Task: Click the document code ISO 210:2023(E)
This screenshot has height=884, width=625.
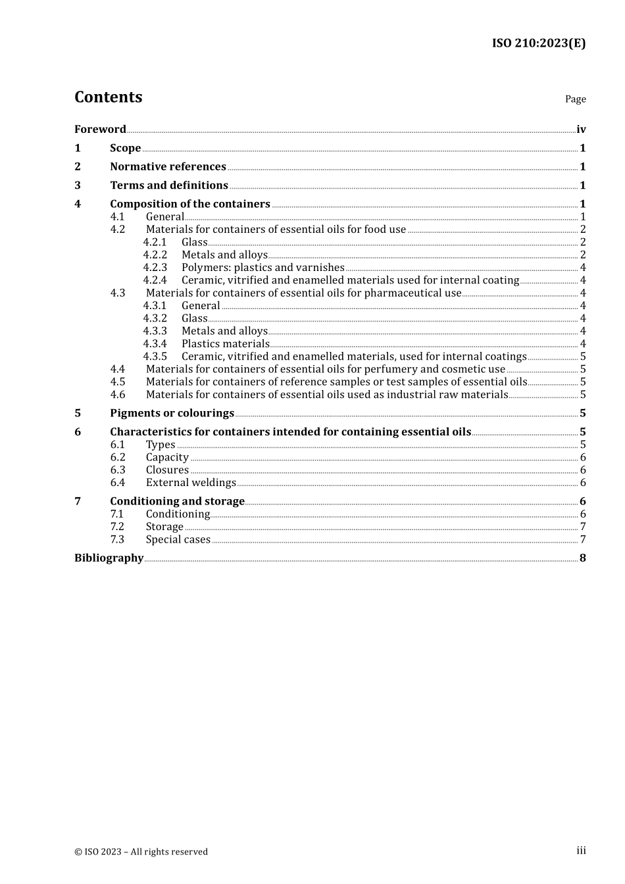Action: coord(538,43)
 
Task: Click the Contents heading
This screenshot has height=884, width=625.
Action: coord(108,97)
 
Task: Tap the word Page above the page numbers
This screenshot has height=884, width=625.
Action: coord(575,99)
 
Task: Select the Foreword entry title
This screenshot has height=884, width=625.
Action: coord(100,130)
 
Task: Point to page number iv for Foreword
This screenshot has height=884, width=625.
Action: coord(581,130)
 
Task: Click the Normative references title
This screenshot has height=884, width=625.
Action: coord(168,167)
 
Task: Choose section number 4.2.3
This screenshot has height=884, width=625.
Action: coord(155,268)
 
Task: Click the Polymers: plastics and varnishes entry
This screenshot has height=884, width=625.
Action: coord(262,268)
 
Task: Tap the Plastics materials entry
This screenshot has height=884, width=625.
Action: coord(225,344)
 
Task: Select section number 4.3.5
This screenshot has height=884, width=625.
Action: coord(155,356)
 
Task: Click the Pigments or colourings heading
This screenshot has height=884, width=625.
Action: coord(172,414)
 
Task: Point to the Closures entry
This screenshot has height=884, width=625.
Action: coord(167,470)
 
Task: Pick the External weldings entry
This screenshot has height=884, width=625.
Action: coord(191,483)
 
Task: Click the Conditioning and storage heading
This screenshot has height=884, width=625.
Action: coord(177,502)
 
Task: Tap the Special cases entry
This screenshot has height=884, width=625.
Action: coord(178,540)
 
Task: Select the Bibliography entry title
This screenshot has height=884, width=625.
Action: coord(109,558)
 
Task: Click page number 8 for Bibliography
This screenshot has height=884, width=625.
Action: coord(582,558)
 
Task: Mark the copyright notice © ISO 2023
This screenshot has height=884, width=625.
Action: coord(141,852)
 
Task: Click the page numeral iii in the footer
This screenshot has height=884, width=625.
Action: coord(581,850)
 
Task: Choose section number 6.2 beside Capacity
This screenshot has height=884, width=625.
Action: coord(118,458)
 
